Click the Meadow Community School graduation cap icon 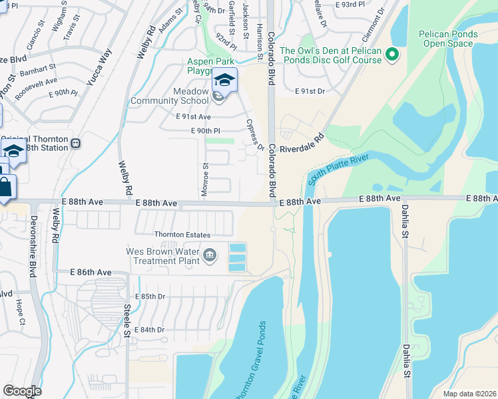click(225, 80)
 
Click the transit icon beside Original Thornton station click(76, 143)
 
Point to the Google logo click(22, 391)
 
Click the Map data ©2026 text click(469, 394)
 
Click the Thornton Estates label click(182, 235)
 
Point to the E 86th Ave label click(92, 273)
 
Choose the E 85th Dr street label click(149, 296)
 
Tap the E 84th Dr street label click(149, 329)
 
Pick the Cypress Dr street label click(256, 135)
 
